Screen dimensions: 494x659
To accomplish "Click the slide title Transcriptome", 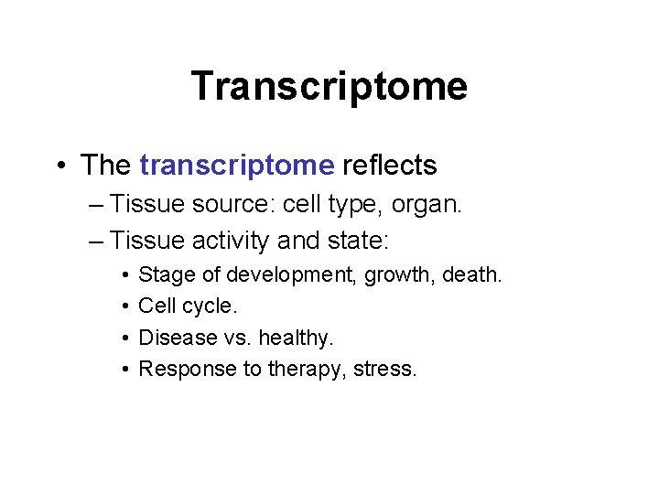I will coord(329,86).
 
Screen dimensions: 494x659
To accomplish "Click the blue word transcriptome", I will coord(236,166).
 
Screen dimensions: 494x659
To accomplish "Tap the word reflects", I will coord(389,166).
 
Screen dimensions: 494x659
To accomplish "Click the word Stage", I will coord(161,274).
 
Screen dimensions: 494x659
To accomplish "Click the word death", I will coord(470,274).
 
